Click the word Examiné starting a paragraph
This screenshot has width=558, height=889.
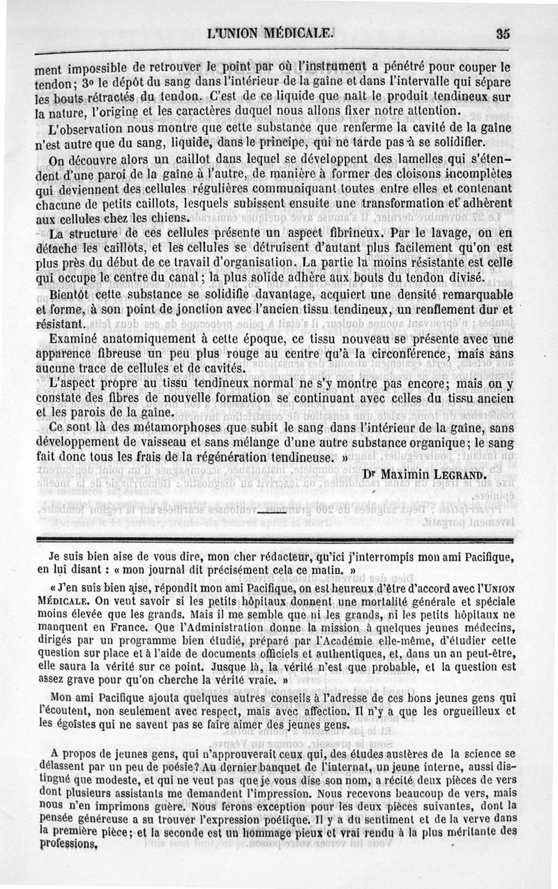pyautogui.click(x=76, y=339)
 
